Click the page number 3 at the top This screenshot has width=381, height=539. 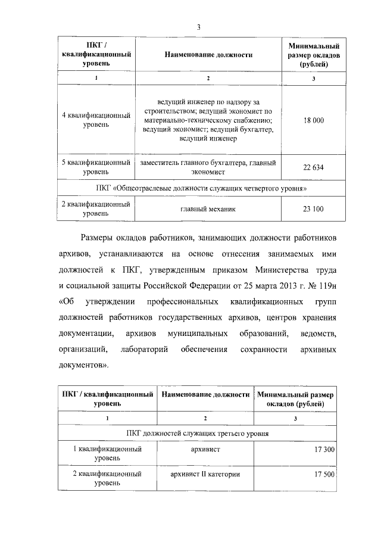(198, 26)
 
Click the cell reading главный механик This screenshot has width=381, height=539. (208, 209)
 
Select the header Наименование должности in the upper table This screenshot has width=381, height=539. (208, 54)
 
